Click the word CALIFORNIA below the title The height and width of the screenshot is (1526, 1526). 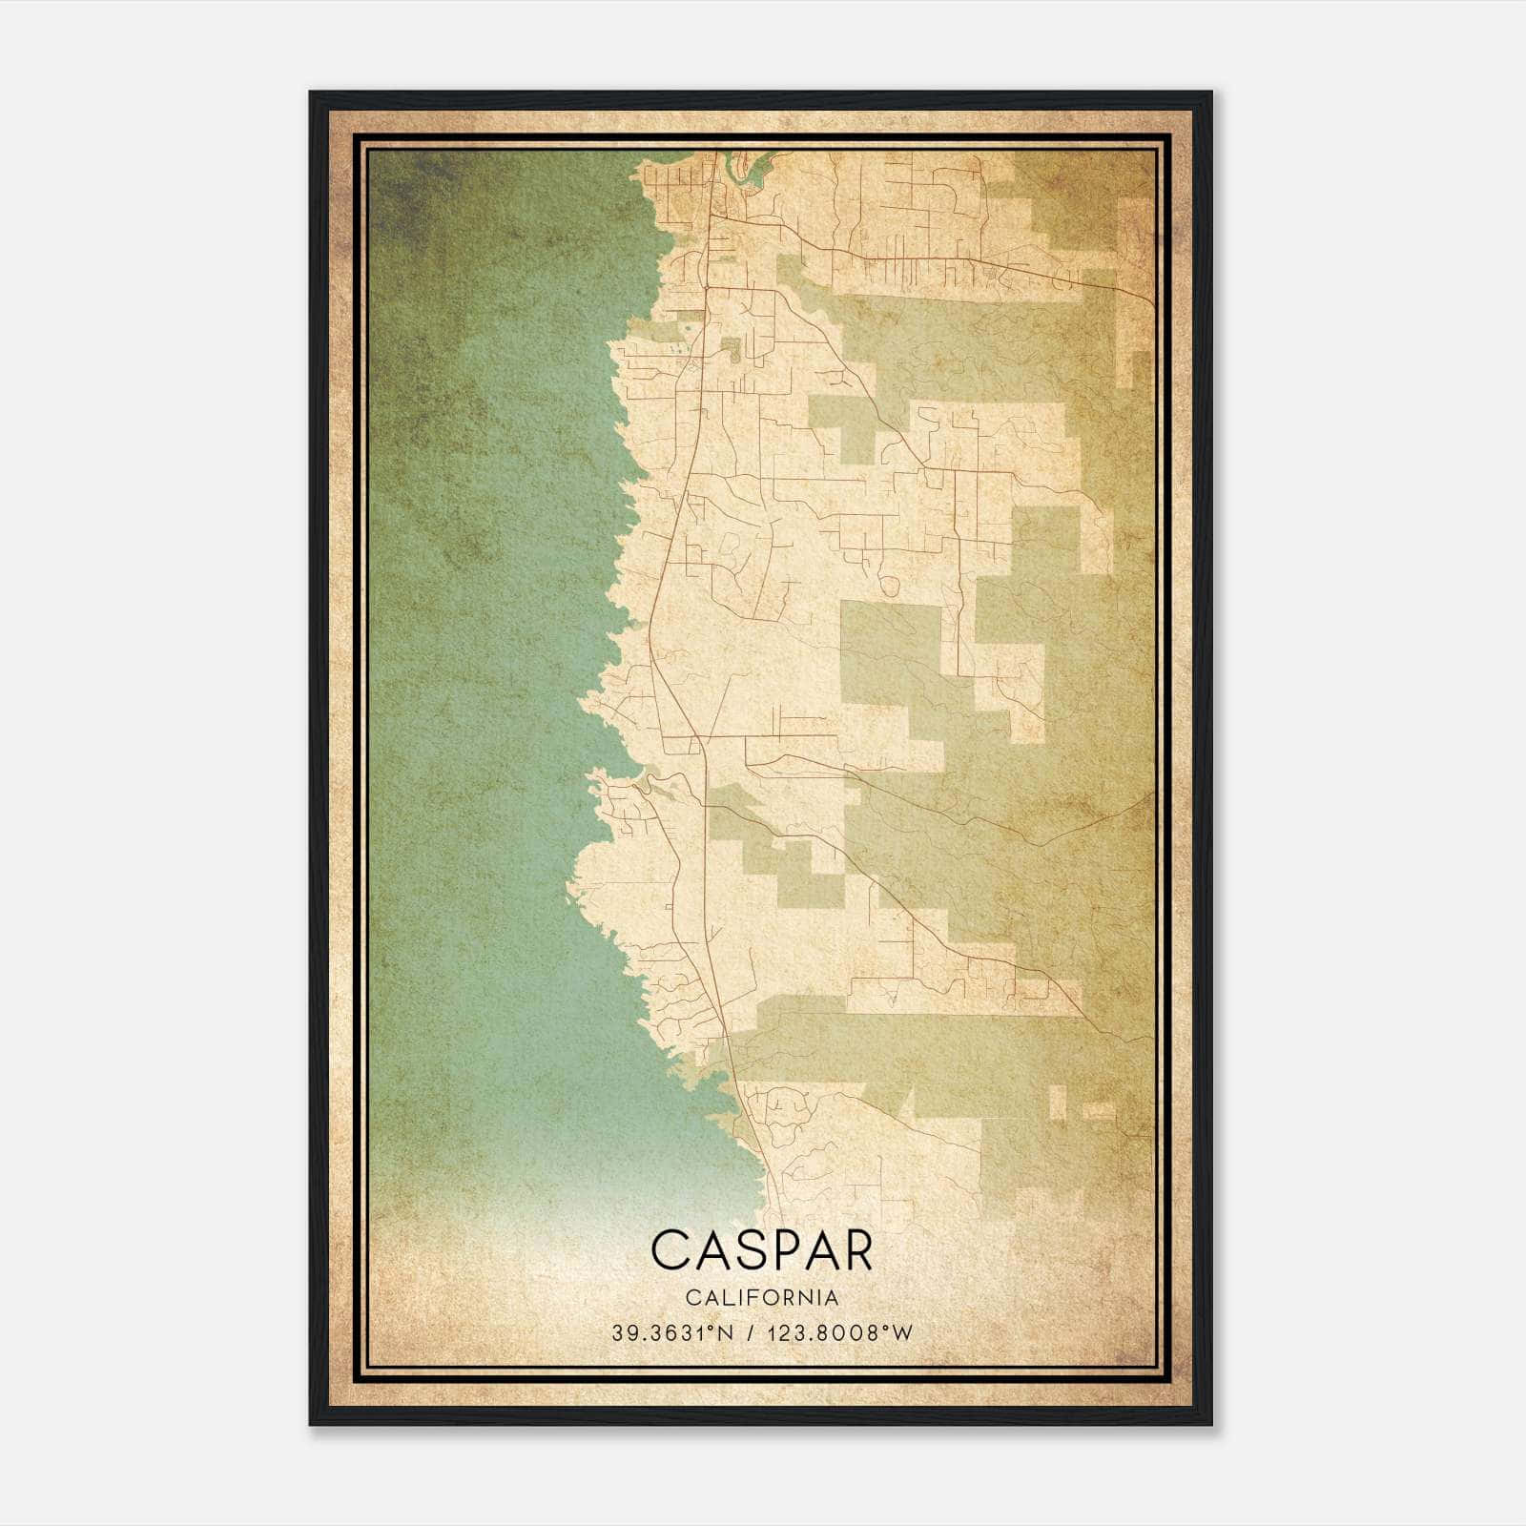coord(761,1297)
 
